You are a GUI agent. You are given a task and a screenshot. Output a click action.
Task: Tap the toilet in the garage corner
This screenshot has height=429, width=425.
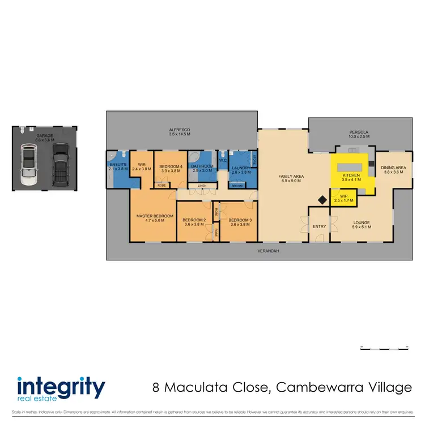click(20, 130)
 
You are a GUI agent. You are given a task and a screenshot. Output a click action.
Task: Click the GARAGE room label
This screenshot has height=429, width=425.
click(45, 136)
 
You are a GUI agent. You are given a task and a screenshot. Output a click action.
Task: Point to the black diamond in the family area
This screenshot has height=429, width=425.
click(322, 199)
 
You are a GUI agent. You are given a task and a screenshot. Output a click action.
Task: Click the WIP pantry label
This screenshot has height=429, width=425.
click(343, 196)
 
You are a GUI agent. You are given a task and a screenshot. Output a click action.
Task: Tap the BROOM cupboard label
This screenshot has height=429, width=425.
click(237, 186)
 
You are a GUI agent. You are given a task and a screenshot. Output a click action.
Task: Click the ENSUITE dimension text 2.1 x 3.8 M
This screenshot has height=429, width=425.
click(119, 169)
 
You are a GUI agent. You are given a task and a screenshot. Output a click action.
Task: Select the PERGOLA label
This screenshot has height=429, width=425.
click(359, 132)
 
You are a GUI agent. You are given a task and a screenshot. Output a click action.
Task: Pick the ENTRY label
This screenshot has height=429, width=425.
click(320, 227)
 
